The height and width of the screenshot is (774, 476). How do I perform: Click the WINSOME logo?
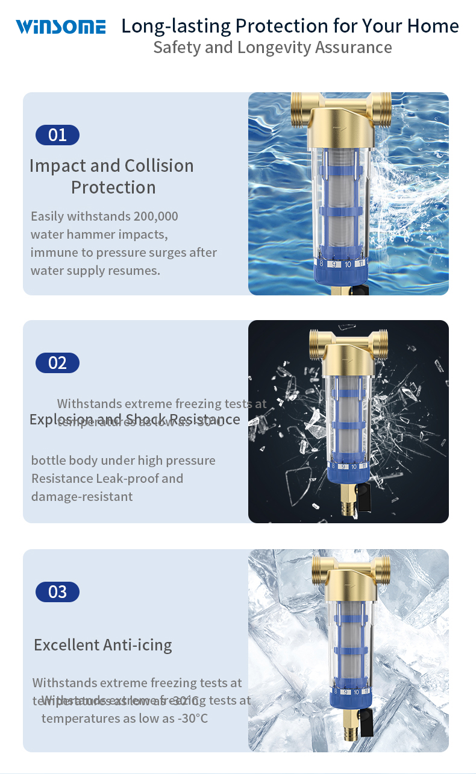click(60, 27)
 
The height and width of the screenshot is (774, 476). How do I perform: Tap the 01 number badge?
click(57, 134)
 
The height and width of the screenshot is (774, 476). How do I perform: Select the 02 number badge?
click(57, 363)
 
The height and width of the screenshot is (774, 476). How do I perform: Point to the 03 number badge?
click(57, 592)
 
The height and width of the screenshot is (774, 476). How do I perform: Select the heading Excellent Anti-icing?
click(103, 644)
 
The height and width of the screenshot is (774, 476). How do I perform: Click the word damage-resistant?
click(82, 496)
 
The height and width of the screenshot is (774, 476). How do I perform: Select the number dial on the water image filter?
click(341, 263)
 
